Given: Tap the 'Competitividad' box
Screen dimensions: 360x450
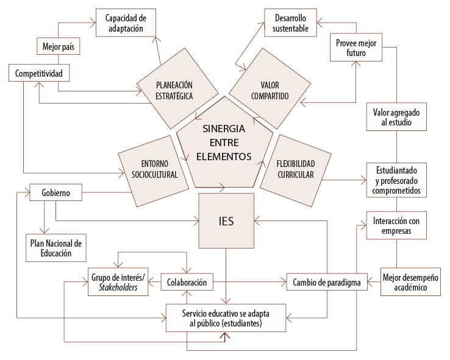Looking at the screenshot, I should coord(38,73).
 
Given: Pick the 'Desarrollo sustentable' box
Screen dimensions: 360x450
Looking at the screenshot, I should coord(291,22).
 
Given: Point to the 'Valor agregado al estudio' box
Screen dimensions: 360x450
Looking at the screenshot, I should coord(396,116).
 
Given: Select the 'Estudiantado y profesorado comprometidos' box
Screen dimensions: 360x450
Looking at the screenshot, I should coord(396,179).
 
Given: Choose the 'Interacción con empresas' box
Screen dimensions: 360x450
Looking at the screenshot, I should coord(396,225).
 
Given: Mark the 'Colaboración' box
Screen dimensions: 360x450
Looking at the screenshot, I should coord(188,282).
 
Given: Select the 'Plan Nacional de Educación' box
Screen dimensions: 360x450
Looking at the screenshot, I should coord(54,247).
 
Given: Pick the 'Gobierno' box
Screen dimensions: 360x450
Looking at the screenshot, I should coord(55,193).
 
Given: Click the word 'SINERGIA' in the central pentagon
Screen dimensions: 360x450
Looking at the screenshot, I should coord(224,129).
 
